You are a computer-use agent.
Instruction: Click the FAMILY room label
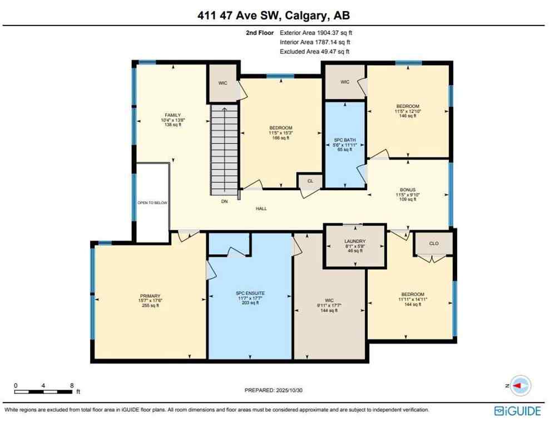[x=172, y=115]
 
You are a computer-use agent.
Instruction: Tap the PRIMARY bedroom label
[x=150, y=295]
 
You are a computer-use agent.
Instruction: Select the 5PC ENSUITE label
[x=250, y=292]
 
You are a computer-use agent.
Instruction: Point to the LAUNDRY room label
[x=355, y=241]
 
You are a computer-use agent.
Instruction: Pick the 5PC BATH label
[x=345, y=140]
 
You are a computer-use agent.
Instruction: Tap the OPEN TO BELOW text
[x=152, y=203]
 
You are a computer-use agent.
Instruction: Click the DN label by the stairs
[x=224, y=202]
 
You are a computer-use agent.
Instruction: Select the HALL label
[x=261, y=209]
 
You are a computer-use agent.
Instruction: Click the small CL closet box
[x=310, y=181]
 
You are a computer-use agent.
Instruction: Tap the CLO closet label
[x=434, y=242]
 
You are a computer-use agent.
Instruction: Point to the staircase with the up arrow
[x=224, y=150]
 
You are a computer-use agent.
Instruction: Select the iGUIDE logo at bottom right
[x=517, y=411]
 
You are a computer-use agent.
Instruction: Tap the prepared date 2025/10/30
[x=274, y=390]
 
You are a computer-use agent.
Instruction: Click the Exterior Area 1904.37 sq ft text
[x=315, y=33]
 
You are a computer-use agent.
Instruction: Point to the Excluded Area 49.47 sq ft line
[x=314, y=52]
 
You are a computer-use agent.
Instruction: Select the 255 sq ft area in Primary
[x=150, y=306]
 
